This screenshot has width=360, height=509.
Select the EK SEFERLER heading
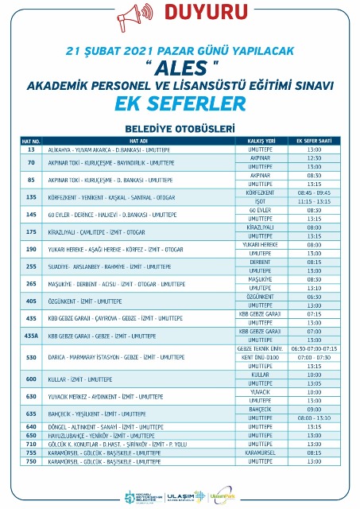pyautogui.click(x=180, y=105)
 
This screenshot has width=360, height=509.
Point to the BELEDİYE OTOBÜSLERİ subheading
pyautogui.click(x=180, y=128)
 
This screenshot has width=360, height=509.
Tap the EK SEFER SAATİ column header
pyautogui.click(x=314, y=141)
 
